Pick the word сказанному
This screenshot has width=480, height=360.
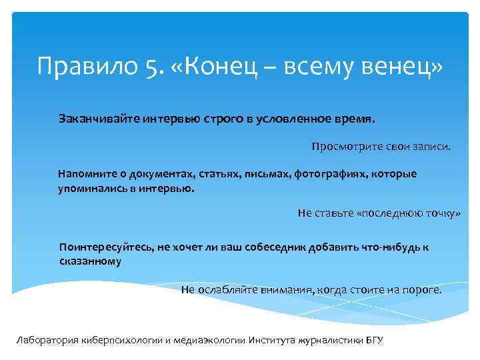coord(90,261)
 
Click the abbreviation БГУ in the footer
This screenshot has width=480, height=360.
coord(375,339)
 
